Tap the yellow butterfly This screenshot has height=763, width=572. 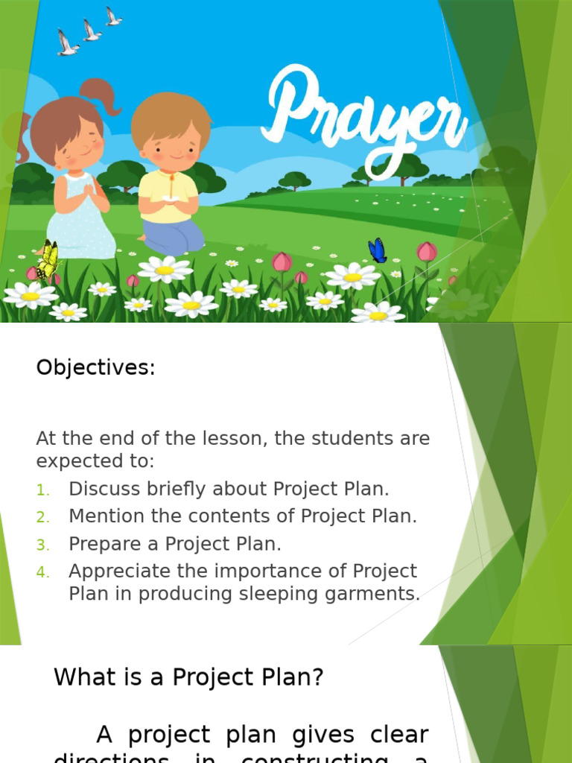pyautogui.click(x=48, y=259)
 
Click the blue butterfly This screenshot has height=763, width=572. pyautogui.click(x=378, y=251)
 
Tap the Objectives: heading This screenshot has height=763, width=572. pyautogui.click(x=95, y=368)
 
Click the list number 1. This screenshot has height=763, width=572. pyautogui.click(x=42, y=490)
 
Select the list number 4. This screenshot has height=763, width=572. pyautogui.click(x=42, y=572)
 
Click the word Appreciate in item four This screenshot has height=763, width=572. pyautogui.click(x=115, y=572)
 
